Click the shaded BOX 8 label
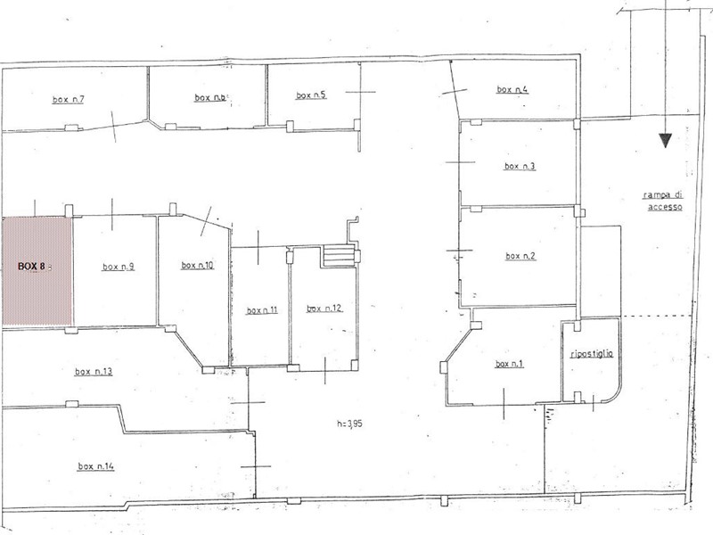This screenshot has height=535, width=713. [31, 266]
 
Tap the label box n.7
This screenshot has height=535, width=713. [69, 99]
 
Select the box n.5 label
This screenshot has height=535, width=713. [311, 95]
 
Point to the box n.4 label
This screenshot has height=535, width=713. [512, 89]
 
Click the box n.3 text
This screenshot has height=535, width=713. [520, 166]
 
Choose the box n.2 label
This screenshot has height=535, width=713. [520, 256]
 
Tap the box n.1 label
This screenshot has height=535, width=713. [509, 364]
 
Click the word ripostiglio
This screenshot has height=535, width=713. [592, 353]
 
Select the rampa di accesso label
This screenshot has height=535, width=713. [663, 201]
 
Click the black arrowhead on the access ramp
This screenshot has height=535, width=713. [665, 141]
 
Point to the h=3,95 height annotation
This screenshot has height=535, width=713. [349, 424]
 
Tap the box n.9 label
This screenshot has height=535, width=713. [119, 267]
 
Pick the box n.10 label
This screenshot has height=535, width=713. [197, 265]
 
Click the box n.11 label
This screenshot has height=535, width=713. [262, 310]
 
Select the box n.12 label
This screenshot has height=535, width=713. [324, 309]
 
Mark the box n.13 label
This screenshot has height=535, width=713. [94, 372]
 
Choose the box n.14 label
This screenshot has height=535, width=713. [96, 465]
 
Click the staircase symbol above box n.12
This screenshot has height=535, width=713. [339, 256]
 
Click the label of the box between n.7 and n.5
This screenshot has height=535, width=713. [210, 97]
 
